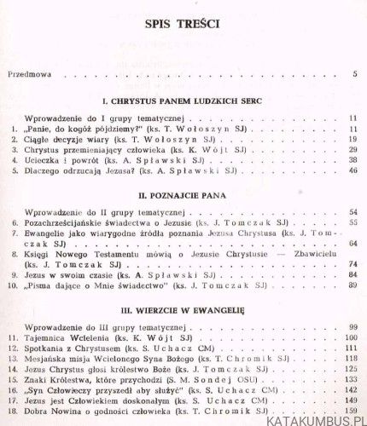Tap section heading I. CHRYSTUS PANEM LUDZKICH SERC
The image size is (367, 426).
[186, 101]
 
